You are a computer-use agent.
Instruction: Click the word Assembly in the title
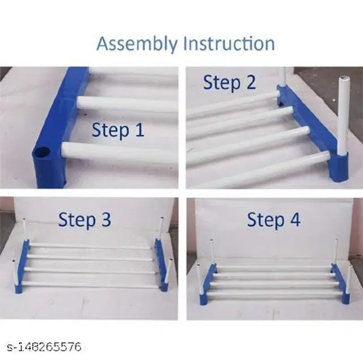point(137,44)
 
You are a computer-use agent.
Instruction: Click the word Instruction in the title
point(229,43)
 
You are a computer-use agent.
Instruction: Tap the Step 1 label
point(118,130)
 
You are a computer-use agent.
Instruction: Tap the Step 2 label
point(229,82)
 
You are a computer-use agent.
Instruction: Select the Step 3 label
point(85,219)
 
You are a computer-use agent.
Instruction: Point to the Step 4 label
point(274,219)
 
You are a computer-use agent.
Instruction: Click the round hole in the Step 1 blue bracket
point(41,152)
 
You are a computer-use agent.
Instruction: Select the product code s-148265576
point(44,347)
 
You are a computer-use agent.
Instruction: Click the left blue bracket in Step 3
point(22,266)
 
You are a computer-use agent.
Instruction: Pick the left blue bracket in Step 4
point(208,284)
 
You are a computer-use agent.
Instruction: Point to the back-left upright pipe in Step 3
point(24,230)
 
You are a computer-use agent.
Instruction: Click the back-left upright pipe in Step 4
point(212,252)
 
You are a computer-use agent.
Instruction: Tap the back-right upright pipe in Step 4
point(337,252)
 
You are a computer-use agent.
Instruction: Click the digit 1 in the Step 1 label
point(140,130)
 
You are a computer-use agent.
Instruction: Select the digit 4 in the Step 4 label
point(296,219)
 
